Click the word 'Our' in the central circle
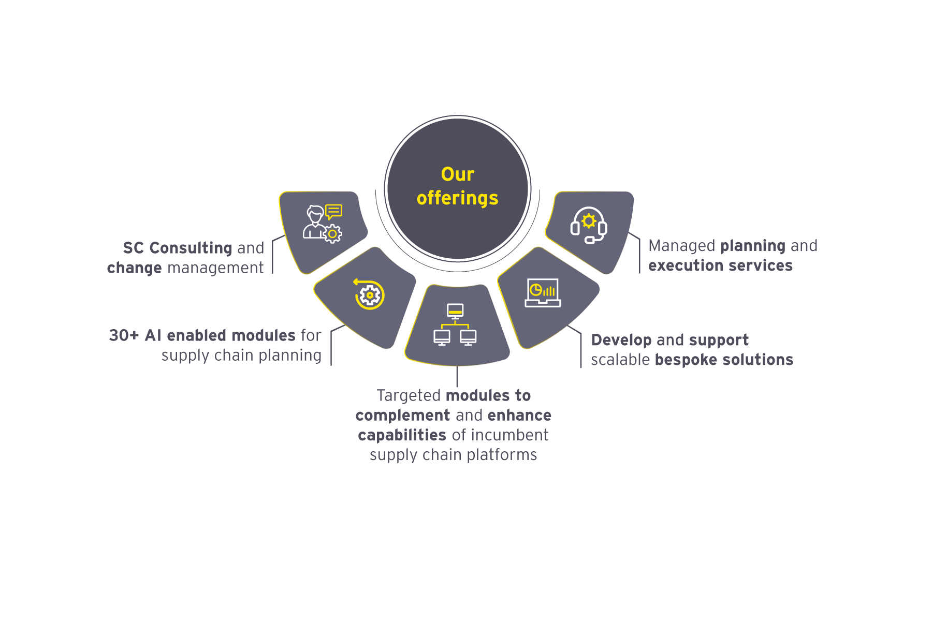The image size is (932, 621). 457,174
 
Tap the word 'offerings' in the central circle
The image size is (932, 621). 457,198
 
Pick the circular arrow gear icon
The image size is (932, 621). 369,294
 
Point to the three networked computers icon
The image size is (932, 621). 455,324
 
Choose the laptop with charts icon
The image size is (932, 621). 542,293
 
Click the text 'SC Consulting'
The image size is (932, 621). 178,248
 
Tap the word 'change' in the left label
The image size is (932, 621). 134,268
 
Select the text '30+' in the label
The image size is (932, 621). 124,335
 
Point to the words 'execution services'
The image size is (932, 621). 720,265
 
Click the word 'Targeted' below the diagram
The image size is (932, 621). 409,396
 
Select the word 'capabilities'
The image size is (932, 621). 402,435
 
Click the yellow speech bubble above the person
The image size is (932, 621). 334,211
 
